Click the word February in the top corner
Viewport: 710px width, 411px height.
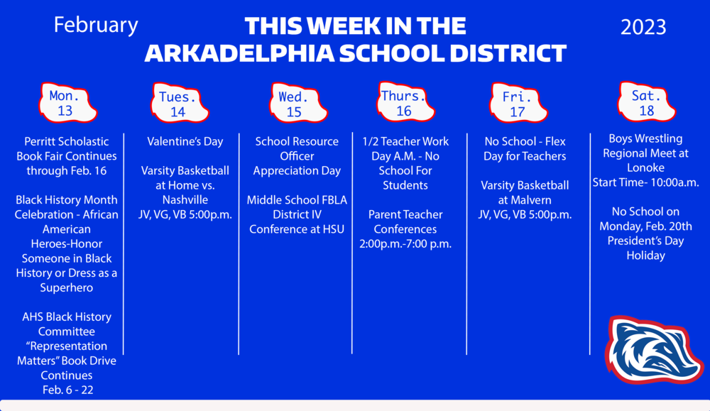point(96,25)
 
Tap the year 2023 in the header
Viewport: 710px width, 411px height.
point(643,27)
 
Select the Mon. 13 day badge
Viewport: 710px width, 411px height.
point(66,103)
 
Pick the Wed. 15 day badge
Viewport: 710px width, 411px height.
point(294,104)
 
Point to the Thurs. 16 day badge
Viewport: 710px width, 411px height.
point(404,103)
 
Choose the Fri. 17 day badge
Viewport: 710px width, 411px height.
point(518,104)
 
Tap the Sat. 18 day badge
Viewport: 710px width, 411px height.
point(646,103)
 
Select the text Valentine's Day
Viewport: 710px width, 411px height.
point(185,141)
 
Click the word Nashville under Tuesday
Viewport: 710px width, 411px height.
point(185,199)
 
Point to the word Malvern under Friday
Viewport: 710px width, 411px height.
point(525,199)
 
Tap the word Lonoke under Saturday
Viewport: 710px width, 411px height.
point(646,168)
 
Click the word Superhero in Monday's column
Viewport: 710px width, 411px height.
point(67,287)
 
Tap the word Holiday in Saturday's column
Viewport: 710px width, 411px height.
point(645,255)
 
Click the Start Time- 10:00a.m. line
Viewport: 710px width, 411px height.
point(645,182)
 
